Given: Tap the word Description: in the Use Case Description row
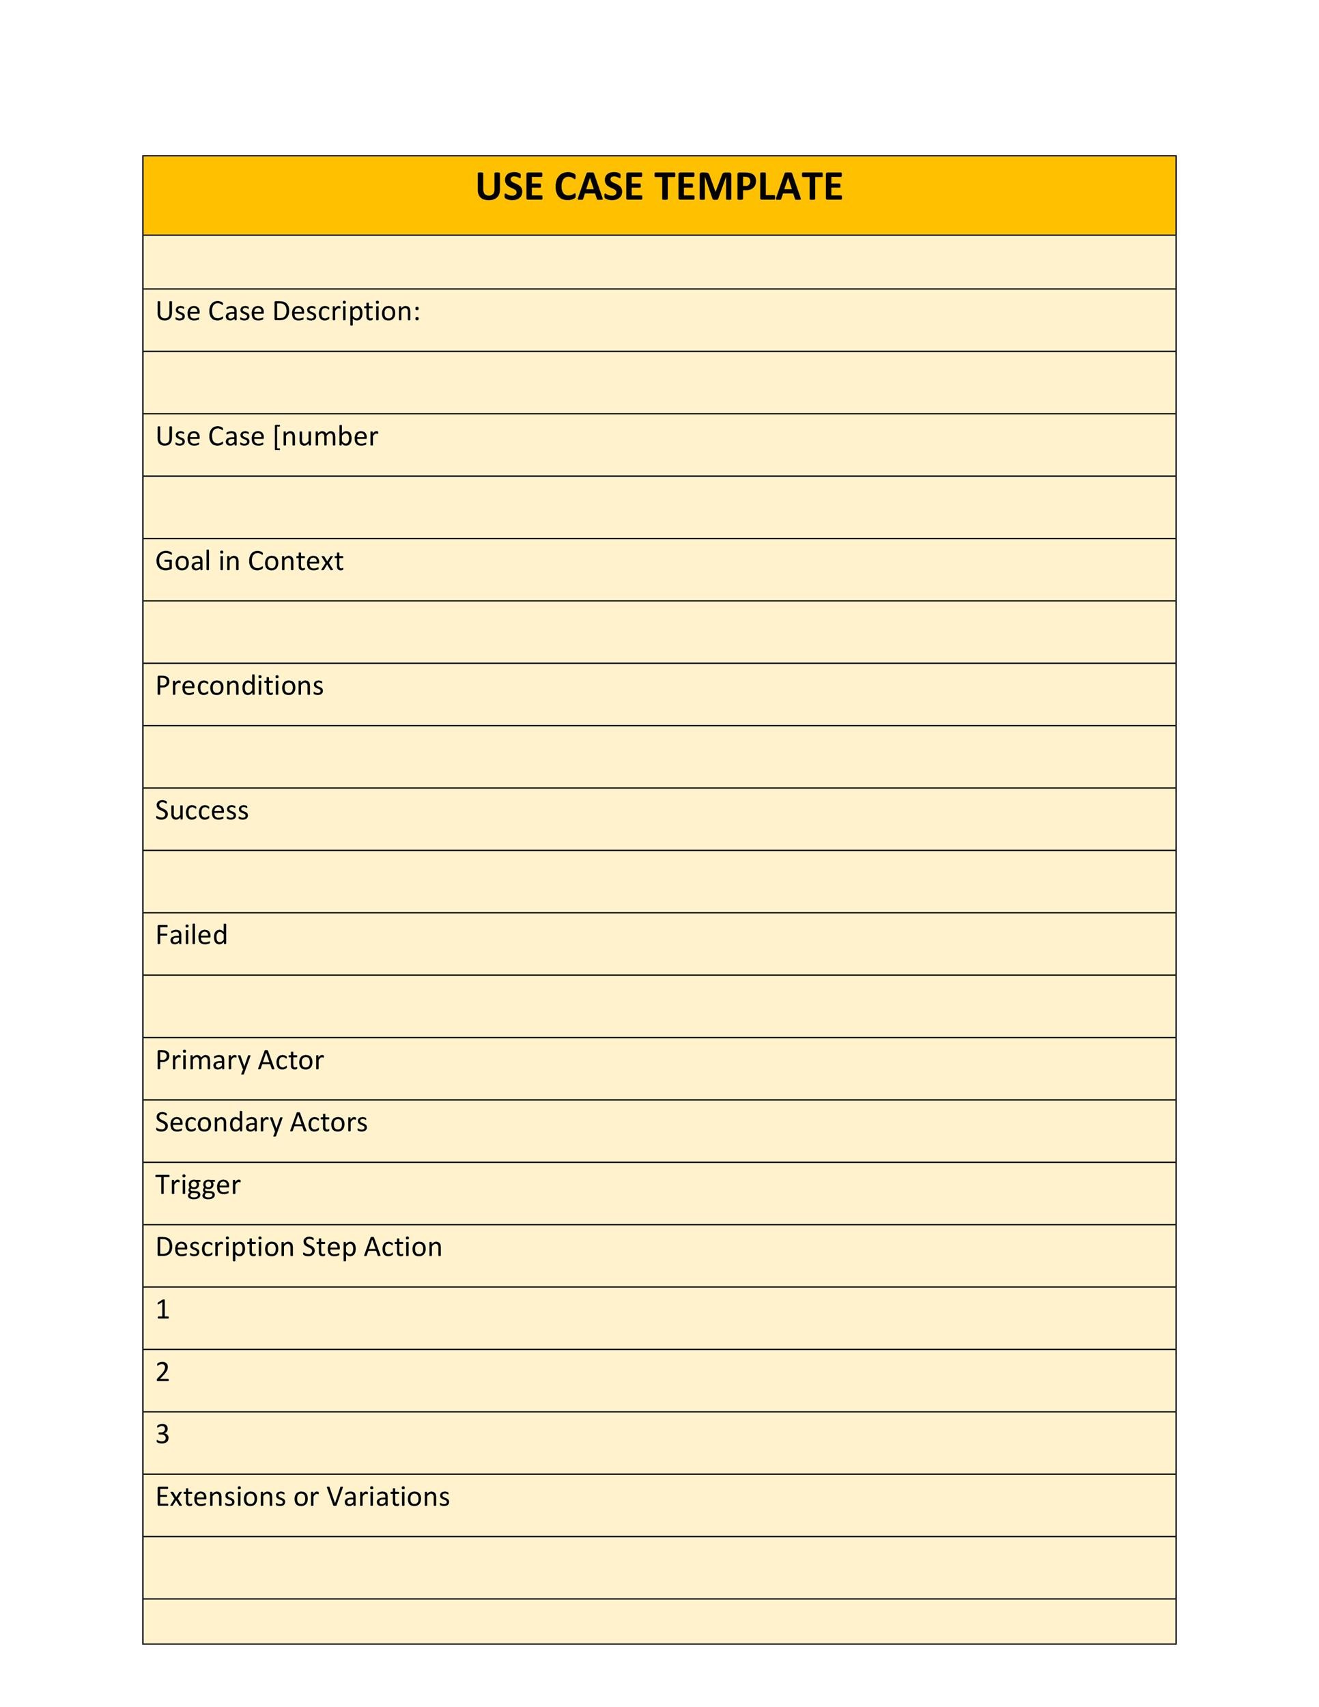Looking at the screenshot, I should click(346, 312).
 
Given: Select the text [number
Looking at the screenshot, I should click(325, 436).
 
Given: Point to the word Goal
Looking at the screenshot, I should click(183, 561).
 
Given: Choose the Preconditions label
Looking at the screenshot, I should click(239, 686).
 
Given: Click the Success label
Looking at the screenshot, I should click(201, 810).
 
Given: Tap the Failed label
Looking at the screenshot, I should click(191, 935).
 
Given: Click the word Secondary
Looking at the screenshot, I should click(218, 1123).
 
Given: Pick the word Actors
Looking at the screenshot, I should click(328, 1123).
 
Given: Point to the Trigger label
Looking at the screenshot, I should click(198, 1185).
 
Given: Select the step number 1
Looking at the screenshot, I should click(162, 1309).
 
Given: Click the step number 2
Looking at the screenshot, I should click(162, 1372).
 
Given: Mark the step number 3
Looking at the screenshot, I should click(162, 1435).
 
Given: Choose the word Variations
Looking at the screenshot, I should click(388, 1497).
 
